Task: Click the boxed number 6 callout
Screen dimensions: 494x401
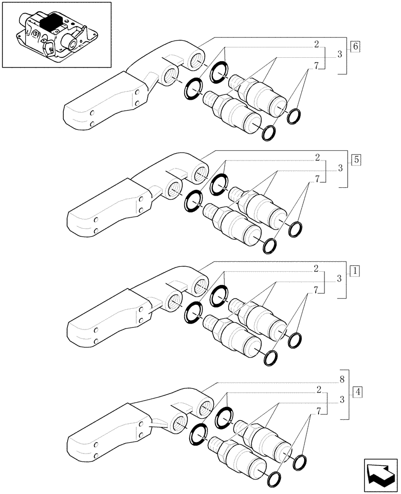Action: click(356, 47)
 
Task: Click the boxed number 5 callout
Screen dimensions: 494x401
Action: click(356, 160)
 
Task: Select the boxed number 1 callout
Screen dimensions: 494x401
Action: click(356, 270)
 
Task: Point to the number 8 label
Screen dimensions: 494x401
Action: click(341, 380)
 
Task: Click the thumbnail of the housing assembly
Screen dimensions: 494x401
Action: click(56, 35)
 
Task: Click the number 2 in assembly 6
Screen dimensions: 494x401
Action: click(316, 44)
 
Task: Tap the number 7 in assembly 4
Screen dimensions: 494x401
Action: click(320, 411)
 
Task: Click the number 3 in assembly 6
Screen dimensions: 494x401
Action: click(340, 55)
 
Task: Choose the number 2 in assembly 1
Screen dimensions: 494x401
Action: click(316, 269)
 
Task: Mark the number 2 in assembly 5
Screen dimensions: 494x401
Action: click(316, 158)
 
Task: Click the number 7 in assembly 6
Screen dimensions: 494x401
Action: click(316, 66)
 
